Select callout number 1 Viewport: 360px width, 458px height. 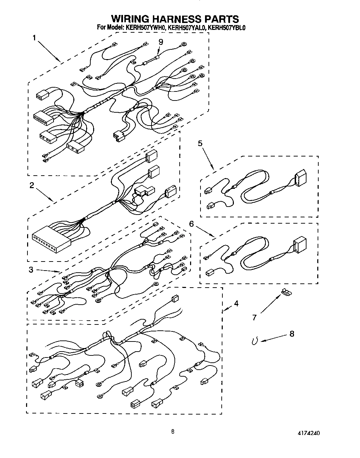click(x=34, y=38)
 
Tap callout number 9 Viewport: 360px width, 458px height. click(x=161, y=42)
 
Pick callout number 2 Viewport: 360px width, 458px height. click(x=32, y=185)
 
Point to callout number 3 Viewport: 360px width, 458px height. click(x=31, y=270)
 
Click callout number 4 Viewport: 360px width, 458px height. click(x=236, y=304)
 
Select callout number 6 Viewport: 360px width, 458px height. click(x=191, y=224)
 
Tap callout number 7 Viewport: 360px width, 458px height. click(x=254, y=317)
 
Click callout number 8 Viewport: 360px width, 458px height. click(x=292, y=334)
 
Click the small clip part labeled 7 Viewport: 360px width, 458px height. click(x=286, y=292)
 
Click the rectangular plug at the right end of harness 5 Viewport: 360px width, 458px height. click(x=300, y=178)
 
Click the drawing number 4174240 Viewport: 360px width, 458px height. click(x=308, y=433)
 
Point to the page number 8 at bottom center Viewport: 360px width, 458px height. click(x=173, y=432)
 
